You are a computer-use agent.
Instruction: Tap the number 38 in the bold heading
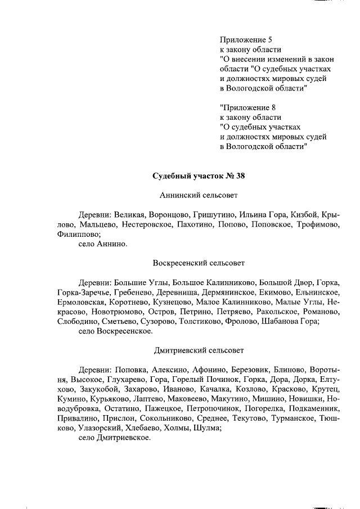(240, 175)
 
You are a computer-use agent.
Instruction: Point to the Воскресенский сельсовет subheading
(199, 263)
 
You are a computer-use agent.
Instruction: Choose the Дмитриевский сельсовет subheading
(199, 350)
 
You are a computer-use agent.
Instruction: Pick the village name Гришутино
(213, 215)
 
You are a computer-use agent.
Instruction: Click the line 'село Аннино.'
(103, 245)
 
